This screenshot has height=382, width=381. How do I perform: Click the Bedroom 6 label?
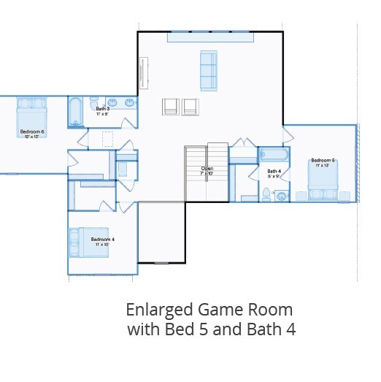32,131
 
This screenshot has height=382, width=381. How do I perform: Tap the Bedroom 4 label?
103,239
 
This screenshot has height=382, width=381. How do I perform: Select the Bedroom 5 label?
323,160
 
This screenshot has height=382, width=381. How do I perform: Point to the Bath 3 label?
102,109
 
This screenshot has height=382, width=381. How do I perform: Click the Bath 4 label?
274,170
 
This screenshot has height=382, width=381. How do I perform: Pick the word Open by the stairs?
207,169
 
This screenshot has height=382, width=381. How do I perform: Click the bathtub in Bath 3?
76,112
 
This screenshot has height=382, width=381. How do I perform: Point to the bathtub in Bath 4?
274,154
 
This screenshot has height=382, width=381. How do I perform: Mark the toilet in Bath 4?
267,194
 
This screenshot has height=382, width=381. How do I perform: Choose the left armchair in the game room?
170,107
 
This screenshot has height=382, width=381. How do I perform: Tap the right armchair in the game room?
190,107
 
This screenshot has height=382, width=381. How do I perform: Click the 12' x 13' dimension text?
32,137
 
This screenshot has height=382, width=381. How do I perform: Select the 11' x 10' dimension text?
103,244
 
